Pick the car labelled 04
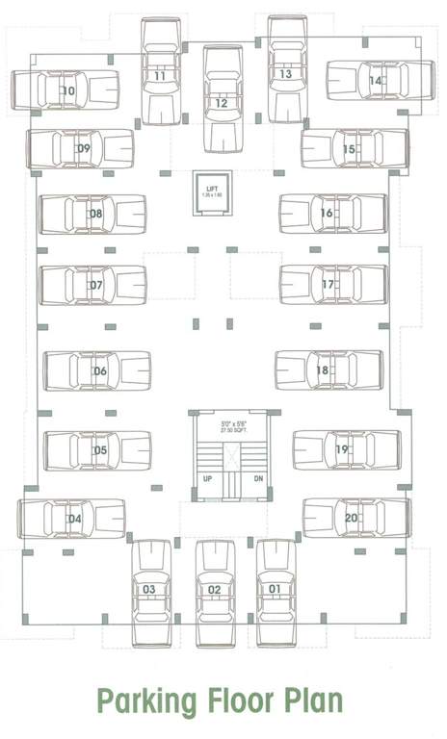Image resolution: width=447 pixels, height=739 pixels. [x=72, y=520]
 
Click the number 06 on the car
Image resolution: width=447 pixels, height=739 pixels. [x=99, y=371]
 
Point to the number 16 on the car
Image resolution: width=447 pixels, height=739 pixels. [x=327, y=213]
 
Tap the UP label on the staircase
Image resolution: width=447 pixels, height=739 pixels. [x=207, y=478]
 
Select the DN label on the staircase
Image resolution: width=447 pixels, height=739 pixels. [x=257, y=478]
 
